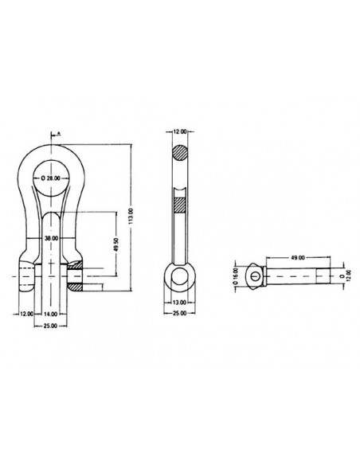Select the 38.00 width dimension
point(52,238)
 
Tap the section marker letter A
point(61,135)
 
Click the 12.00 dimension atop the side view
point(179,130)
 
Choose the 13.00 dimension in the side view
point(179,303)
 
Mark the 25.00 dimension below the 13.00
point(179,314)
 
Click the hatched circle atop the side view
point(179,153)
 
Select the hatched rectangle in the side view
point(179,202)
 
